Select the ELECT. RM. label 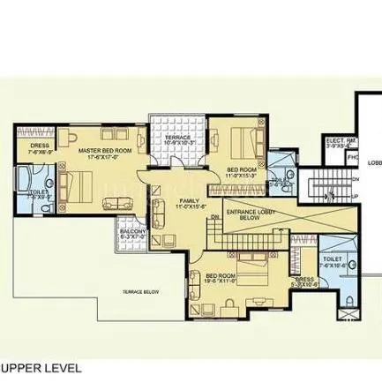point(340,140)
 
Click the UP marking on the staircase point(356,199)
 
